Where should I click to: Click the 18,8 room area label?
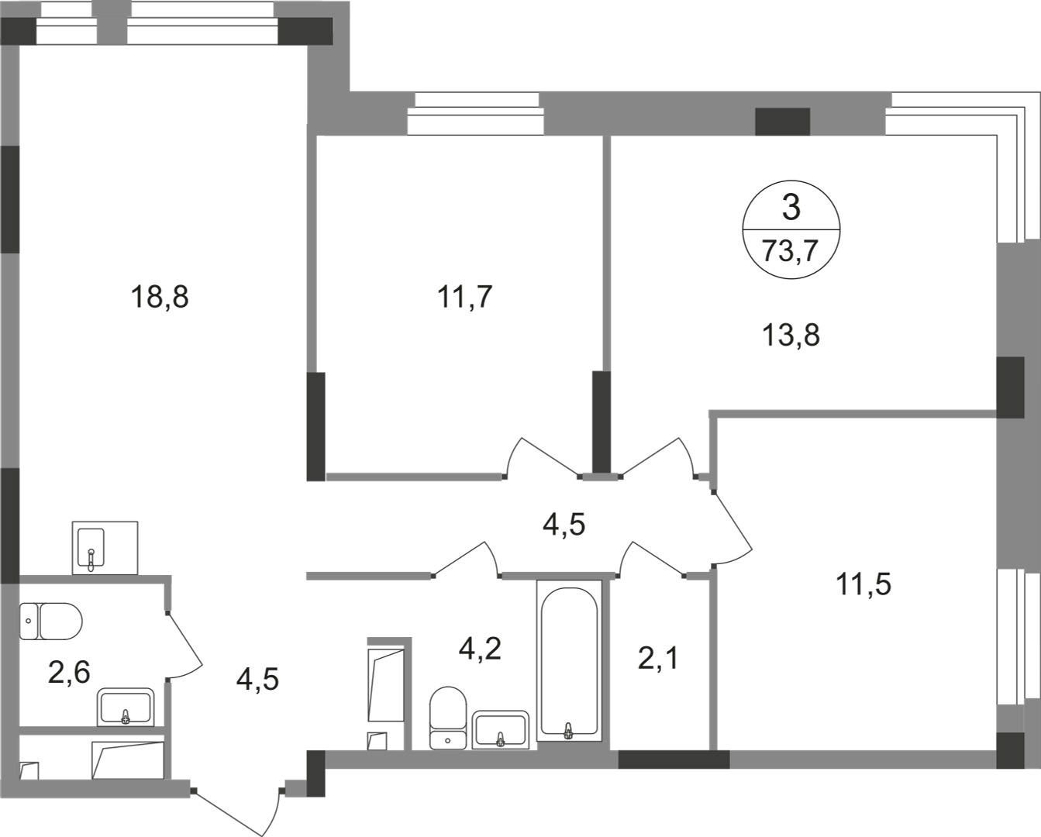click(160, 297)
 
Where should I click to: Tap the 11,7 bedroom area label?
click(466, 297)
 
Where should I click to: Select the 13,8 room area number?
click(791, 336)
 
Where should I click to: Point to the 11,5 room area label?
click(863, 584)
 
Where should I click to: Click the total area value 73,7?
click(791, 251)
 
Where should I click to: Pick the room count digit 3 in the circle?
click(791, 208)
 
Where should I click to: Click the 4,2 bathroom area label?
click(481, 648)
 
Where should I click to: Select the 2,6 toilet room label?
click(69, 672)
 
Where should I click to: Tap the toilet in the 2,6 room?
click(50, 621)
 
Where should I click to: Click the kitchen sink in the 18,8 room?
click(105, 548)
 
